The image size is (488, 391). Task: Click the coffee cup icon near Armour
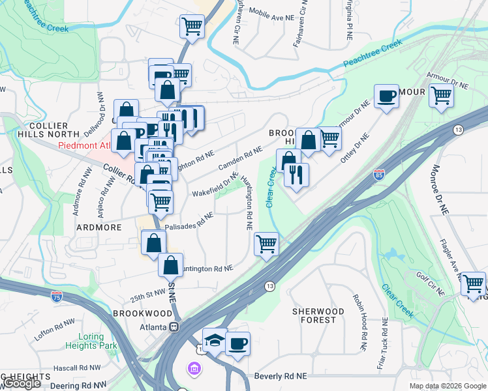point(386,96)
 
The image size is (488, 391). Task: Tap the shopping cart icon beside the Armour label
point(442,96)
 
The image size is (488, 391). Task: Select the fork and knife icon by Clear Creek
point(297,175)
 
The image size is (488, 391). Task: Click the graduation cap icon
point(214,340)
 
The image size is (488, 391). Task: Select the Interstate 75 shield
point(57,297)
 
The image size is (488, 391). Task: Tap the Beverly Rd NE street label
point(281,377)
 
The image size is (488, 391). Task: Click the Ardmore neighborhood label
point(99,227)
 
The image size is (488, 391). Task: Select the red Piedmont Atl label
point(85,145)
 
